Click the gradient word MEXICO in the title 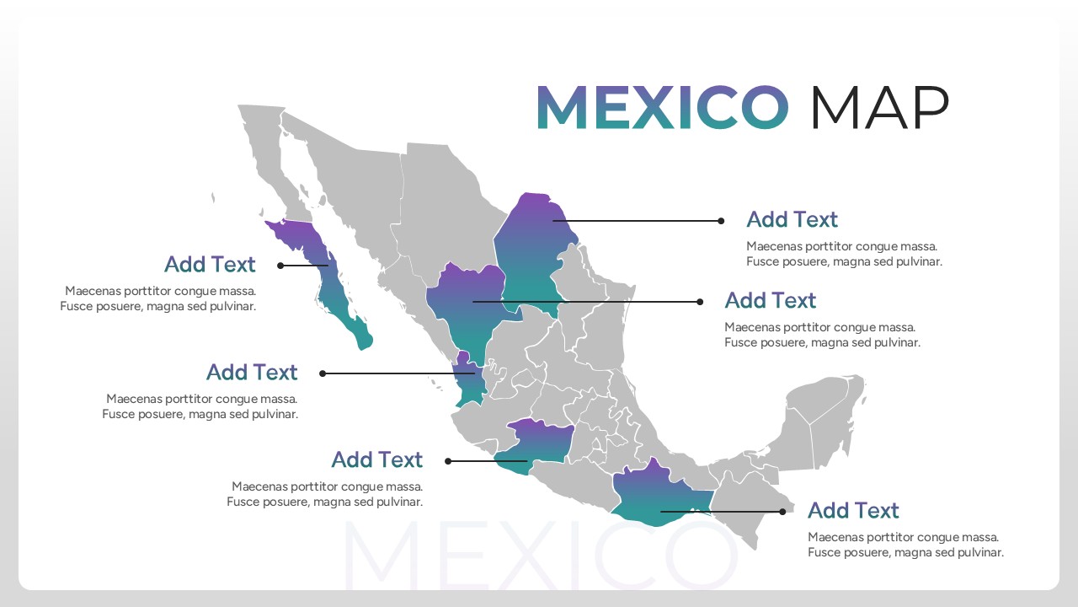(662, 108)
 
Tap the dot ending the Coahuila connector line (721, 221)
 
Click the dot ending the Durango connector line (700, 302)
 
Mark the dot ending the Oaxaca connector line (782, 511)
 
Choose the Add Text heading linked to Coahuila (792, 220)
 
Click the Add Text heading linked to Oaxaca (853, 511)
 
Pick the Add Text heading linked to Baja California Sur (210, 265)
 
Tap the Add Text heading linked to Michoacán (376, 460)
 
